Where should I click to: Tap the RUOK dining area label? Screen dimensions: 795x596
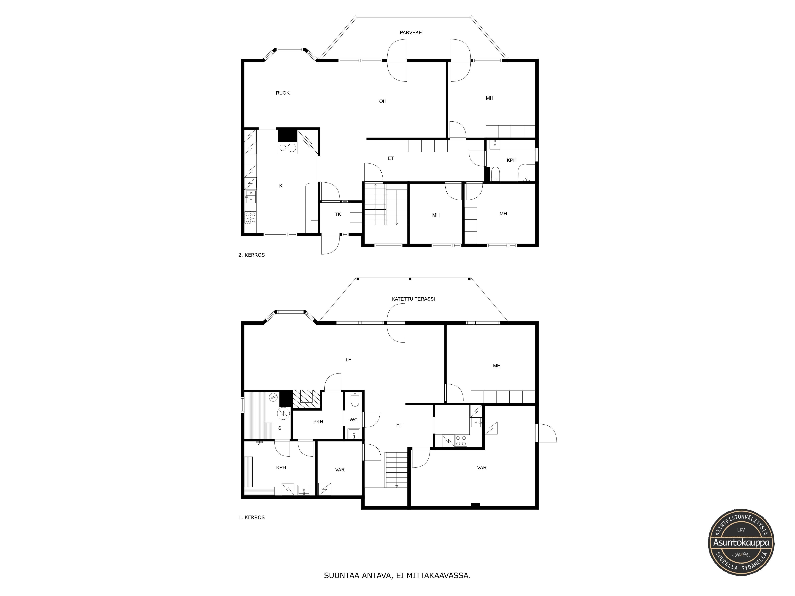click(282, 93)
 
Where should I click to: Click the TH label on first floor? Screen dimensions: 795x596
click(348, 360)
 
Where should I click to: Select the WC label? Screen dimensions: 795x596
click(353, 420)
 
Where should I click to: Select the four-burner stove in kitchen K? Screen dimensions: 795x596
click(250, 217)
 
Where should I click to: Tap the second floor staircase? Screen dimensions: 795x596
click(386, 204)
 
